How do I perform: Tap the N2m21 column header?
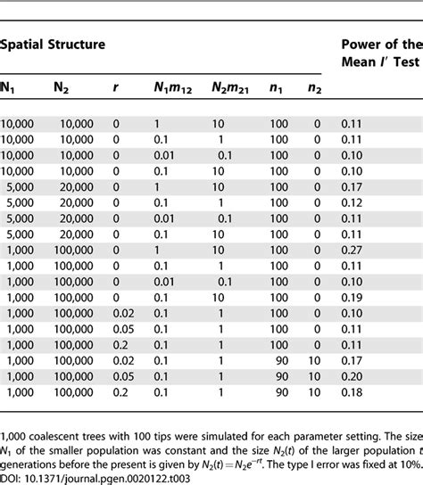229,87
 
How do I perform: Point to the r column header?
116,87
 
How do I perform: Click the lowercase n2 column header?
315,87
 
